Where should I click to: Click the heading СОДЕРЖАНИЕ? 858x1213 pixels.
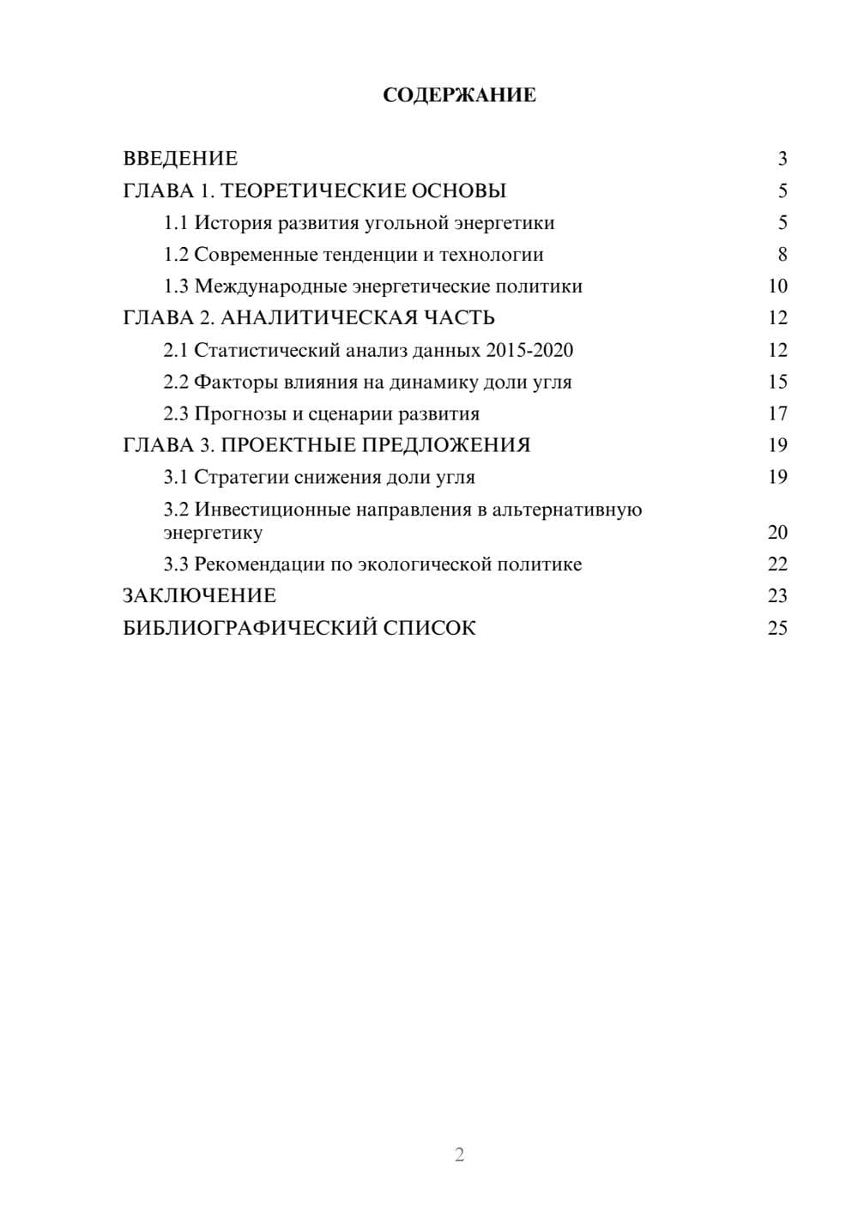459,95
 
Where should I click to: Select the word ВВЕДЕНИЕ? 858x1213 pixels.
180,159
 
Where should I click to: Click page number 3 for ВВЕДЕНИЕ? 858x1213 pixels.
782,159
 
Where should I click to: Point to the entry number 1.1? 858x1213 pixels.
176,223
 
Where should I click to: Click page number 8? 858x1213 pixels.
782,255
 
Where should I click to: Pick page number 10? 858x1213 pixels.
777,287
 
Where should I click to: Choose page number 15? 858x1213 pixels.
777,382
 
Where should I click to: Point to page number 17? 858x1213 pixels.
777,413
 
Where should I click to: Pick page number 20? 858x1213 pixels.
777,533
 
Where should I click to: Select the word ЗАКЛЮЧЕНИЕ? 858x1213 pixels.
199,595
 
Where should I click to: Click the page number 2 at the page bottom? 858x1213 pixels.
459,1155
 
